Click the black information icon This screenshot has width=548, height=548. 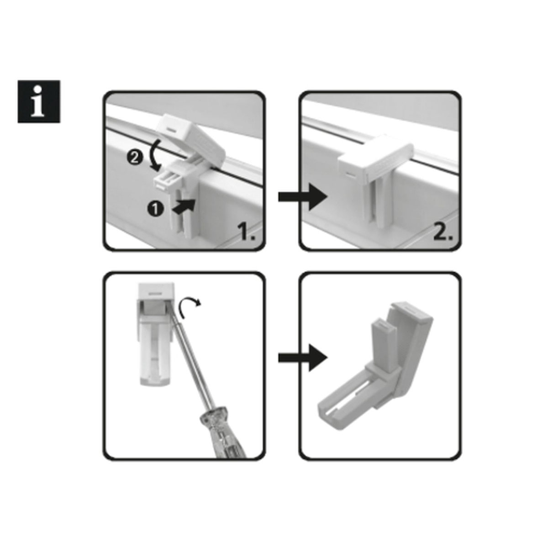[39, 101]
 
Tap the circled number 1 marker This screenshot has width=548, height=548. [155, 210]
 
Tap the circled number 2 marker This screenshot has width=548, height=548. [134, 158]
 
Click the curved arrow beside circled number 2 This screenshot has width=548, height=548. [157, 155]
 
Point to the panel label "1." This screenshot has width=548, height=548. [247, 232]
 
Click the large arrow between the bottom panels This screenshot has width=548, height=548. [303, 358]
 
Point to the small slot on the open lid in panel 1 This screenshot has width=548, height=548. [171, 130]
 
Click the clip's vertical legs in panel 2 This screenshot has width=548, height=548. [375, 203]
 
